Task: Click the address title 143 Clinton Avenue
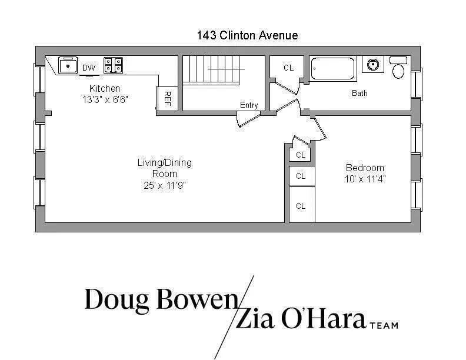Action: point(247,35)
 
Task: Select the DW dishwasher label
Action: point(89,68)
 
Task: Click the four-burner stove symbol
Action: point(113,65)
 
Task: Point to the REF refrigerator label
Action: point(167,98)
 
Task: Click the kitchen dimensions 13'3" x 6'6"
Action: point(105,99)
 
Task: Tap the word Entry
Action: point(249,105)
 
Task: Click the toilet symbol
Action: point(398,68)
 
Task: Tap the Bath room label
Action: point(360,93)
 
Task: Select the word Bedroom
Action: point(365,168)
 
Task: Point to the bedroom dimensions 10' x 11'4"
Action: point(365,178)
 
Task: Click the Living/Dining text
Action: point(164,163)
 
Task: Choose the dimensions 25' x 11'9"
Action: point(164,185)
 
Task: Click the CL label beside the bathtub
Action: point(288,68)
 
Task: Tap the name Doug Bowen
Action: point(159,300)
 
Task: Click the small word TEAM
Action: point(384,324)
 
